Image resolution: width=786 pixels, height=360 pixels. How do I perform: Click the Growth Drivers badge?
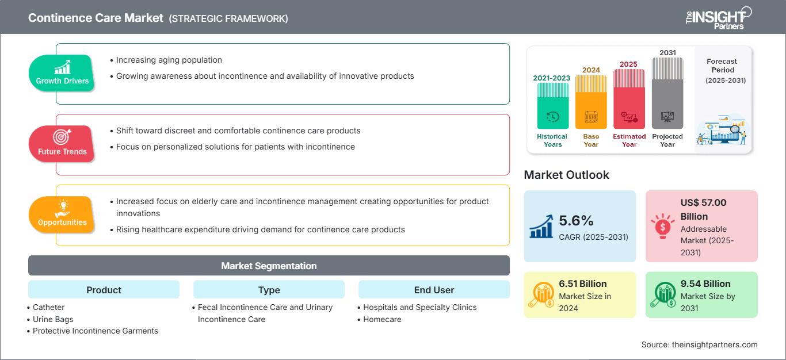[x=62, y=73]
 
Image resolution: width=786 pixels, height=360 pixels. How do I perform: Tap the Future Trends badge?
[x=62, y=144]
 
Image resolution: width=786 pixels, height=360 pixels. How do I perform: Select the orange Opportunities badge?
[x=62, y=215]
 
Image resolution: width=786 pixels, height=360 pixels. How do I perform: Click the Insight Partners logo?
[x=719, y=18]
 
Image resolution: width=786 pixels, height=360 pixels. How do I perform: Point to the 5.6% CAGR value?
[x=576, y=220]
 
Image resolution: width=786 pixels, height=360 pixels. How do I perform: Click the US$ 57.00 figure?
[x=703, y=202]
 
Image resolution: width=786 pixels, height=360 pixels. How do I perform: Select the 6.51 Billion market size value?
[x=582, y=284]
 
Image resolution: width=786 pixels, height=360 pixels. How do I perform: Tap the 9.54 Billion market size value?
[x=705, y=284]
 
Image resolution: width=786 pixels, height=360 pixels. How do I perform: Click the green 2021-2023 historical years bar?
[x=552, y=106]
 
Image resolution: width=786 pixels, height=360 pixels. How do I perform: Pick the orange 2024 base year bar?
[x=591, y=102]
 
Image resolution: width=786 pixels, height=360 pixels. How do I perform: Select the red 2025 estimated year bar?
[x=629, y=99]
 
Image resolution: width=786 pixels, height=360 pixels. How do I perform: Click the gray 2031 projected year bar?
[x=667, y=93]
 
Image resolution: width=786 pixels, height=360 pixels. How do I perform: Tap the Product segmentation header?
[x=104, y=290]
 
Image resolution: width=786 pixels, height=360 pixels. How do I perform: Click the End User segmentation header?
[x=434, y=290]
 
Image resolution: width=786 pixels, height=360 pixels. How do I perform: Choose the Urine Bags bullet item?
[x=52, y=319]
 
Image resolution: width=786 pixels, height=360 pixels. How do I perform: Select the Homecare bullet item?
[x=381, y=319]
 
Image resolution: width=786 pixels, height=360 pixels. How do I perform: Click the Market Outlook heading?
[x=566, y=175]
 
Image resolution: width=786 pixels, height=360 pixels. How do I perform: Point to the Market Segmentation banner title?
[x=269, y=266]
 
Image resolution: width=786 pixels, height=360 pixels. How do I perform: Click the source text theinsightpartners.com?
[x=715, y=344]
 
